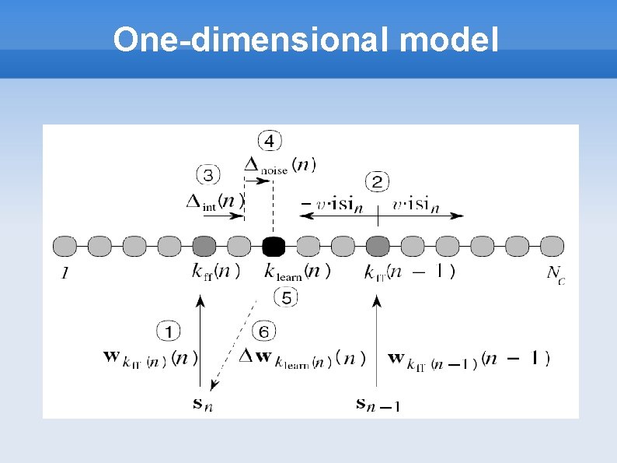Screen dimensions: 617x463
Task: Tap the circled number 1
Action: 169,332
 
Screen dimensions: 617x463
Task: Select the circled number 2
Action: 377,183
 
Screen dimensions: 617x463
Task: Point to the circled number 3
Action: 209,174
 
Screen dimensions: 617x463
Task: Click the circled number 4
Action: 269,141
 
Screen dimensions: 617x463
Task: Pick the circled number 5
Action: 285,297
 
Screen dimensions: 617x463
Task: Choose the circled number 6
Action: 263,332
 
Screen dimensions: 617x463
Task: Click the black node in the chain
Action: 274,247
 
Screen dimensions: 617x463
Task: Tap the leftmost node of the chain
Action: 64,247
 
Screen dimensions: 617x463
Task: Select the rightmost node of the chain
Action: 552,247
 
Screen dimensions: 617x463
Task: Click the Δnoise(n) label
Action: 280,165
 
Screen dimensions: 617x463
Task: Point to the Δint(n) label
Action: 215,201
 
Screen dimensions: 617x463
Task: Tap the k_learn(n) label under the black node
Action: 297,272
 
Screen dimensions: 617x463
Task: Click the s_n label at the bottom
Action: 203,403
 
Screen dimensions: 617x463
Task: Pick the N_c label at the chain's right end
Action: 555,273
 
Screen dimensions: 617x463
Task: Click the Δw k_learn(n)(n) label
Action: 300,359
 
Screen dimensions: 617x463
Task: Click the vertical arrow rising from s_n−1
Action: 377,342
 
